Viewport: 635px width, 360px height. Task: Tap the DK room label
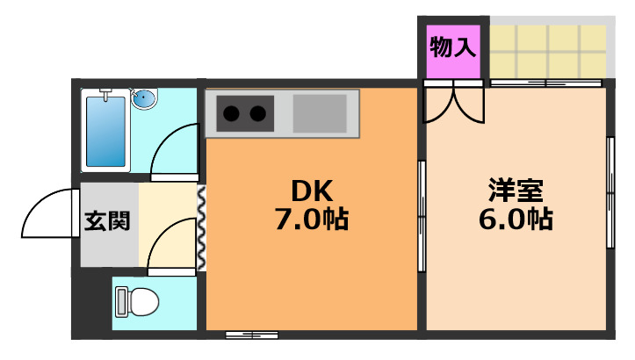[312, 191]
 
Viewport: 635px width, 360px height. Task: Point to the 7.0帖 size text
[312, 218]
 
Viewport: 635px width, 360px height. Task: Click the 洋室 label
[516, 191]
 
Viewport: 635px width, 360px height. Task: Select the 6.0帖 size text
[516, 218]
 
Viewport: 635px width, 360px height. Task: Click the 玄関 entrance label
[107, 220]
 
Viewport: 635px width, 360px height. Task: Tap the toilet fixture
[136, 302]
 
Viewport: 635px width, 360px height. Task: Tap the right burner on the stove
[258, 112]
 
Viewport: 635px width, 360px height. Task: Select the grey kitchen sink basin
[321, 112]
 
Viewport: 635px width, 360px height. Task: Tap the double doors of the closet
[452, 103]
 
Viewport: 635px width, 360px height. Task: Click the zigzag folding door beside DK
[201, 230]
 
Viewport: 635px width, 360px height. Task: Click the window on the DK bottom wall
[251, 335]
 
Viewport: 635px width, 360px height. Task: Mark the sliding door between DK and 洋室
[421, 215]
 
